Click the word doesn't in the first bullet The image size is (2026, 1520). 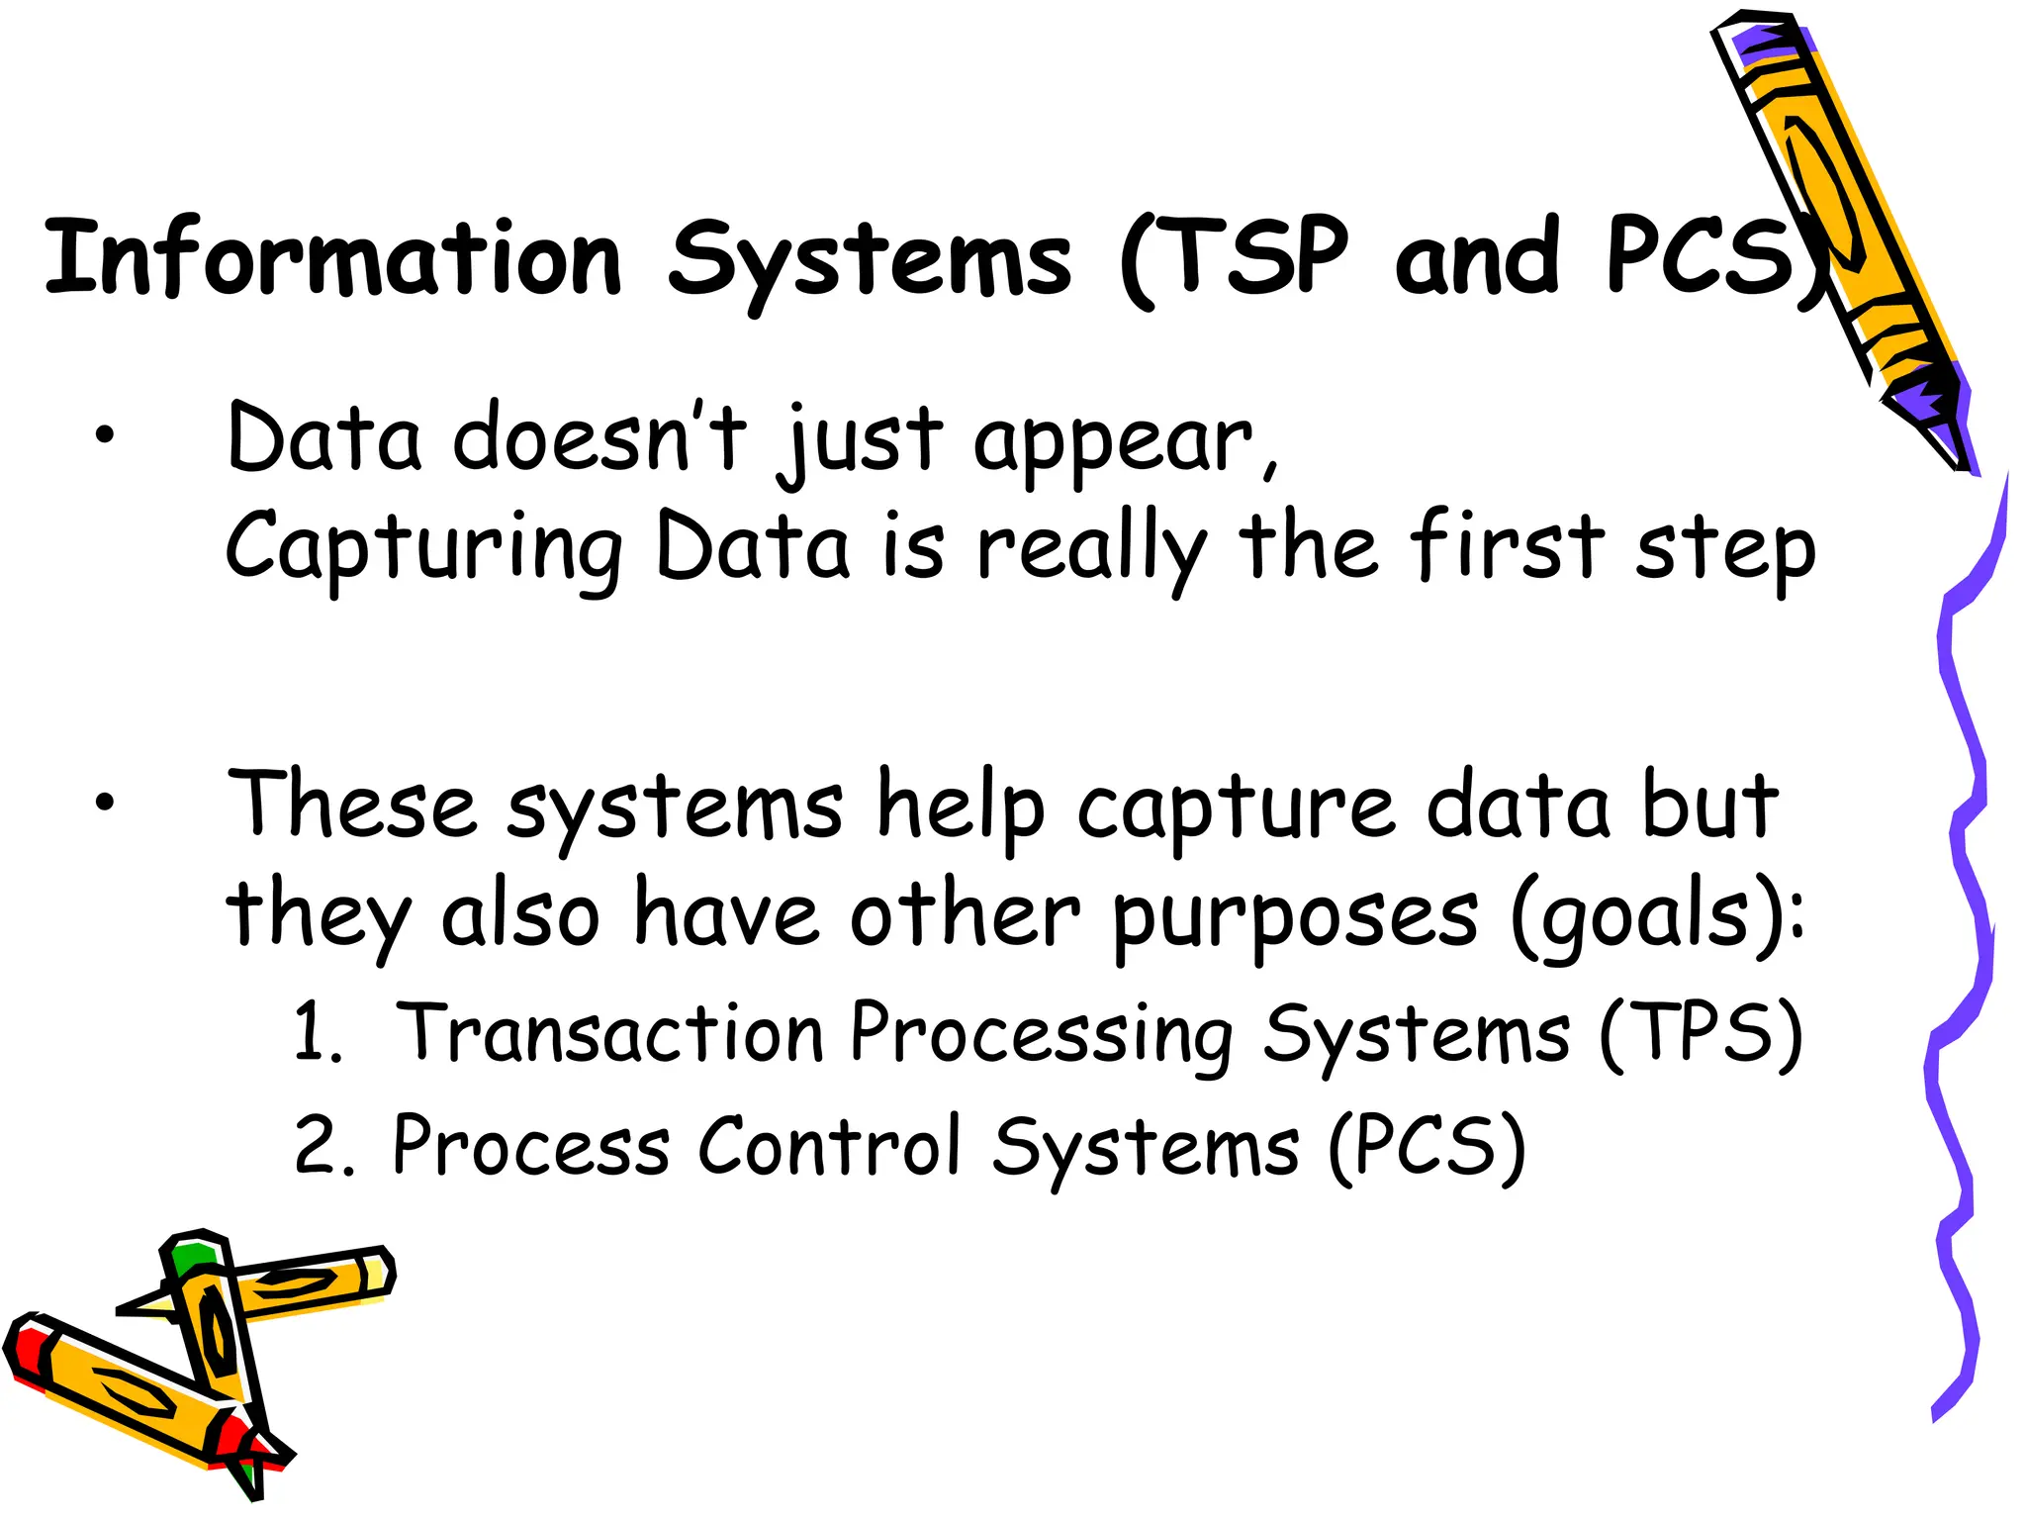point(599,437)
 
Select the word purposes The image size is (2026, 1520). point(1294,916)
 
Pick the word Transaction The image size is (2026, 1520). point(610,1033)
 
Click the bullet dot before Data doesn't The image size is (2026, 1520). point(105,435)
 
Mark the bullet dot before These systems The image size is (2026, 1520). point(105,804)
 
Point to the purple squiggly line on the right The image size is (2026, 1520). point(1964,940)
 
